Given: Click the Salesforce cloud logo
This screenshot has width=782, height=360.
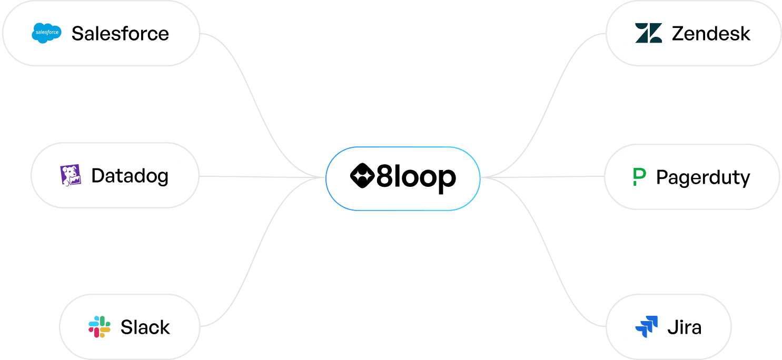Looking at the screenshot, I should pos(46,33).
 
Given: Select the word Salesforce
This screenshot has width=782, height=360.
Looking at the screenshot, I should pos(120,34).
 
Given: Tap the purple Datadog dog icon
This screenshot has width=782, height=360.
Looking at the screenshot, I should pos(71,175).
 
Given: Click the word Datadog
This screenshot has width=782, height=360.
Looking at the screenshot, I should pos(130,176).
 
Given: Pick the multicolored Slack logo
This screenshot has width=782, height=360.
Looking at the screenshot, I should pos(100,327).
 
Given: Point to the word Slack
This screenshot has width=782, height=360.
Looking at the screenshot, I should pos(145,327).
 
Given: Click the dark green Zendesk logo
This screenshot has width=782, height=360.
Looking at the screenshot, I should pos(648,33).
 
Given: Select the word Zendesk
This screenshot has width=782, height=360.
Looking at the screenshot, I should pos(711,34).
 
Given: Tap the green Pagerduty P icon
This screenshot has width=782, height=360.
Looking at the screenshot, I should pos(639,177).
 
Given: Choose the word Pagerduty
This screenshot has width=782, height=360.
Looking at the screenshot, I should pos(703,178).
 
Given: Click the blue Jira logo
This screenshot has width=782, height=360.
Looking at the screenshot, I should pos(647,327).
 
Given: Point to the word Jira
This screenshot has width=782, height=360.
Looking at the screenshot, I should pos(684,327).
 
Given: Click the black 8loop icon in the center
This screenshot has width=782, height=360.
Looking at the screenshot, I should pos(362,177).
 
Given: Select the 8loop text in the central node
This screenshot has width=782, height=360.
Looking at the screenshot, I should pos(416,178).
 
